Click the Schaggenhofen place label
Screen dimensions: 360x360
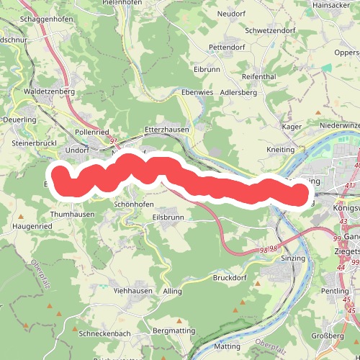(x=47, y=19)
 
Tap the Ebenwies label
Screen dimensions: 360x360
(x=198, y=93)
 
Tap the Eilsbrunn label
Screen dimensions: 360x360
(x=168, y=217)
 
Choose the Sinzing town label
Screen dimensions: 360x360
(x=293, y=258)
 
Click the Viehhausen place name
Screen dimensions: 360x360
(x=133, y=290)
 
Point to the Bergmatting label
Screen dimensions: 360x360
(x=175, y=330)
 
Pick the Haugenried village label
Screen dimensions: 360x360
(x=32, y=226)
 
